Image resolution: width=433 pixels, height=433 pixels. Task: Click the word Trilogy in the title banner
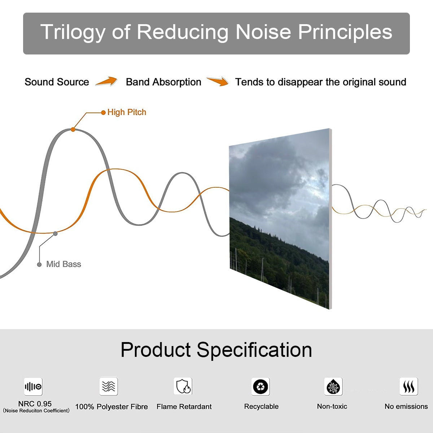point(73,32)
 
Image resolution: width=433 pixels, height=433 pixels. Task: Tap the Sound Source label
point(57,82)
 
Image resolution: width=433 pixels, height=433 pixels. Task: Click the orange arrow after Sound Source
point(106,81)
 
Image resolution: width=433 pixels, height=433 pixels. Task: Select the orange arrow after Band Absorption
point(218,81)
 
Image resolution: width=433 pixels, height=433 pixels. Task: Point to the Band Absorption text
point(163,82)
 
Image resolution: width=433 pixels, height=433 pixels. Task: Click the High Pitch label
point(127,112)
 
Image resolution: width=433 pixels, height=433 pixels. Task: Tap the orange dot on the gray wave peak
point(73,130)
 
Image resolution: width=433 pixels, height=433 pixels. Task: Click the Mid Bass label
point(64,264)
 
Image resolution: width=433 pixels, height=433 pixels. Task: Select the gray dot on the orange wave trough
point(55,234)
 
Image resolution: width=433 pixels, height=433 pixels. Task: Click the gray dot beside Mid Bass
point(39,264)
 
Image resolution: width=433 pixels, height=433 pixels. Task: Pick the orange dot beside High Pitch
point(103,113)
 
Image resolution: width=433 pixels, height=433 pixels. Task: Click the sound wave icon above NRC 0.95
point(33,386)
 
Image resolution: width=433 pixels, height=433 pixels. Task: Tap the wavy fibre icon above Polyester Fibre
point(109,386)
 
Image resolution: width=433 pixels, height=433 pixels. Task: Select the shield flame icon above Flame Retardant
point(183,386)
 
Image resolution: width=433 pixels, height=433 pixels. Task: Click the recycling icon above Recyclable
point(261,386)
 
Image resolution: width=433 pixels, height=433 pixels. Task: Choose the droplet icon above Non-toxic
point(333,386)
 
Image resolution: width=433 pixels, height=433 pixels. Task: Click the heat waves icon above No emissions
point(409,386)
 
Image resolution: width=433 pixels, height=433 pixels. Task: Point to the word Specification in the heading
point(254,350)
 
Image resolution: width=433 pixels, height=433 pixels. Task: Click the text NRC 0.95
point(35,404)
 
